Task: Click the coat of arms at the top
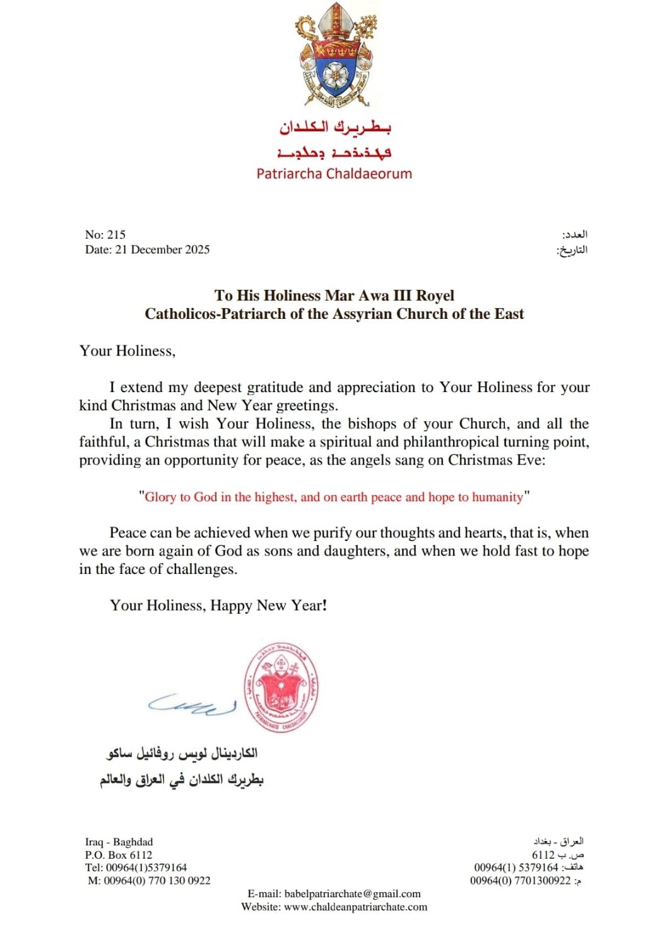(334, 56)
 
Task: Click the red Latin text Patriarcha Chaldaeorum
(334, 174)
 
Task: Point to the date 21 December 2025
(162, 250)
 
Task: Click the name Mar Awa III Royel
(389, 295)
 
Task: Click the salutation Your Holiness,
(127, 351)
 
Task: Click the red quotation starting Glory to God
(334, 497)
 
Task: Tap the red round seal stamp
(281, 688)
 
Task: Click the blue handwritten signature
(192, 704)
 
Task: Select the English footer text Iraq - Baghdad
(119, 842)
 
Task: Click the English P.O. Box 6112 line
(119, 855)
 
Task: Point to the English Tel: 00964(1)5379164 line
(136, 867)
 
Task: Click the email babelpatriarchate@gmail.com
(352, 894)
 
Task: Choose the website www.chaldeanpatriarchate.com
(355, 907)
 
